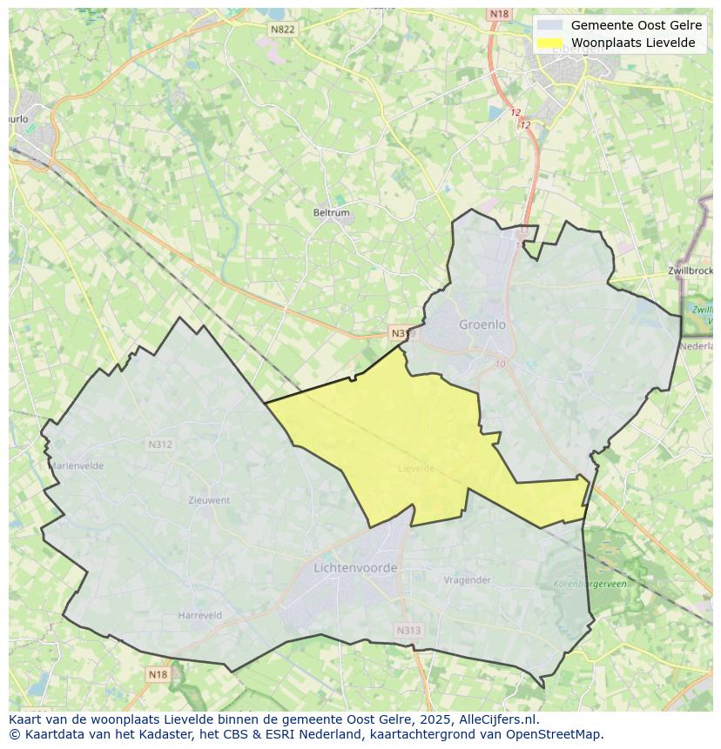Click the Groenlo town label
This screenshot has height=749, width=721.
[x=482, y=324]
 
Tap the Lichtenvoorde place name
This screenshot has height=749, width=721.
[x=355, y=568]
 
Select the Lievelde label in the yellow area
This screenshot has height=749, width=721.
[x=416, y=468]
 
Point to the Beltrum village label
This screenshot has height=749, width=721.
[x=331, y=212]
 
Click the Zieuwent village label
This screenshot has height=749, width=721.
[x=209, y=500]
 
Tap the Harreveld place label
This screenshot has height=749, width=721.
[x=200, y=615]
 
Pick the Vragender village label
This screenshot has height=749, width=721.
[x=468, y=580]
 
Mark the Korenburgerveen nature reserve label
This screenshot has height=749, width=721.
[x=590, y=585]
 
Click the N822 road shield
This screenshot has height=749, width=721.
[x=283, y=30]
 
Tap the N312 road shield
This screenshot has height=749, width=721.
[x=159, y=445]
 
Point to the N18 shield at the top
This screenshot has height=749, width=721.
[x=499, y=14]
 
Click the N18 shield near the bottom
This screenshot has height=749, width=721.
[x=157, y=674]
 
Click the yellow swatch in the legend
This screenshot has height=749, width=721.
[x=549, y=43]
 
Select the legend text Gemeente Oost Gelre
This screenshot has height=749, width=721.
[x=636, y=25]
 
